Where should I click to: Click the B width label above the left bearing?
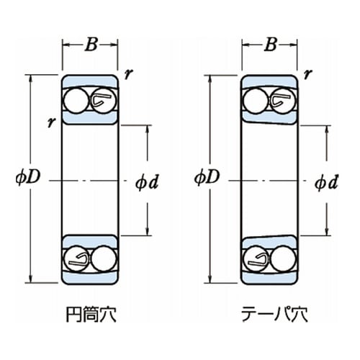coord(91,45)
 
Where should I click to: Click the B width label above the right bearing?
coord(270,45)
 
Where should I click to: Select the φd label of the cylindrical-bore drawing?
coord(146,181)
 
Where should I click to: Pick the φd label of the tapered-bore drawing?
coord(326,181)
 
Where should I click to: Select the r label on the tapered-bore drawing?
coord(307,73)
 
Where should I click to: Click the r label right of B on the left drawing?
coord(128,73)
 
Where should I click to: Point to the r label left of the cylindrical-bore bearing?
coord(51,122)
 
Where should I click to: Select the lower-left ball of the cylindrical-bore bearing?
coord(74,257)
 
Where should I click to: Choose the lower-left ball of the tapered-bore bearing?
coord(253,257)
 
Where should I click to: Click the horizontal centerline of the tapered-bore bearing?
coord(270,179)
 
